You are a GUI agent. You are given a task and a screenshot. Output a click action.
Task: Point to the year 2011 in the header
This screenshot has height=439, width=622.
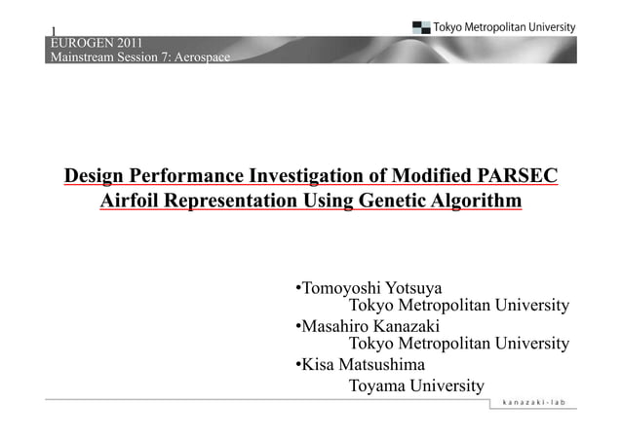(135, 43)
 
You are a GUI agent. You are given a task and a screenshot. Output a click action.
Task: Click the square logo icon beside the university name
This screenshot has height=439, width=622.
(420, 27)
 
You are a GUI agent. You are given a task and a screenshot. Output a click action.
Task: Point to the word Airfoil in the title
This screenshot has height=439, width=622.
(129, 201)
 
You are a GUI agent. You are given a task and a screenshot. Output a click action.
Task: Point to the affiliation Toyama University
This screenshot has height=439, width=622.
(416, 386)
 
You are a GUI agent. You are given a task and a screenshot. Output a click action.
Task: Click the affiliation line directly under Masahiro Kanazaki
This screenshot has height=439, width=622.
(458, 345)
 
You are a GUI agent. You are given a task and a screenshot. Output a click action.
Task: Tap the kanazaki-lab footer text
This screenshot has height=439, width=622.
(533, 403)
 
